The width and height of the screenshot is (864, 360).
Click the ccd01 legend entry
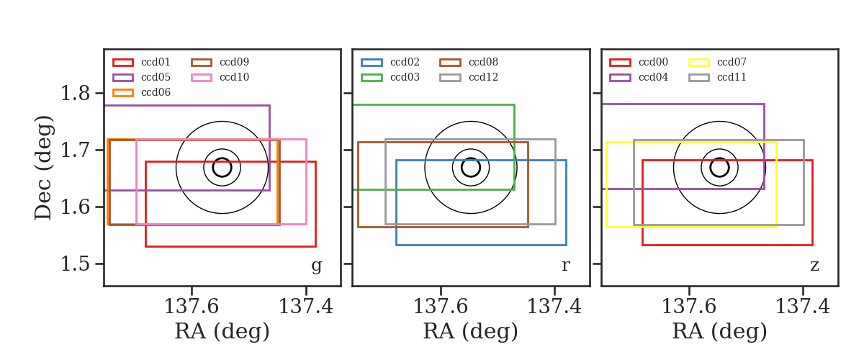click(142, 62)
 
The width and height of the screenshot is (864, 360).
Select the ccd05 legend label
click(156, 77)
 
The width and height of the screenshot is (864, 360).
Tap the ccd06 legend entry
click(142, 93)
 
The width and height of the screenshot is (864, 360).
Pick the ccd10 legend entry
click(220, 77)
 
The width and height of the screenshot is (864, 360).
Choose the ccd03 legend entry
click(390, 77)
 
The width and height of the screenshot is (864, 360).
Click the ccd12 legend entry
click(469, 77)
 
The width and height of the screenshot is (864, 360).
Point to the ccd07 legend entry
click(717, 62)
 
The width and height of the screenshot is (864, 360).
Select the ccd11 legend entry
click(717, 77)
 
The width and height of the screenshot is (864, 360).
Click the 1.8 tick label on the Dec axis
click(75, 94)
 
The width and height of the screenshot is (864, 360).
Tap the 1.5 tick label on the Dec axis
click(75, 264)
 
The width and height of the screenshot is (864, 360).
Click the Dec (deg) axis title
click(42, 168)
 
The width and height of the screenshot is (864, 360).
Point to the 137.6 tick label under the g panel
click(192, 307)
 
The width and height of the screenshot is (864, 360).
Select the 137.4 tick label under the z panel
click(803, 307)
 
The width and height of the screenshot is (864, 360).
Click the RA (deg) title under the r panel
click(471, 331)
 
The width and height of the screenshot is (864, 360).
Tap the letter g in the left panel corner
click(316, 266)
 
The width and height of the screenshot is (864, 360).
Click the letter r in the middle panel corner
click(565, 266)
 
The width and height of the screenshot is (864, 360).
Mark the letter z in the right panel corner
click(814, 266)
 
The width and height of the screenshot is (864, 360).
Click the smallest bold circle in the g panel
click(222, 158)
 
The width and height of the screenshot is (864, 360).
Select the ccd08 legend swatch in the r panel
click(450, 63)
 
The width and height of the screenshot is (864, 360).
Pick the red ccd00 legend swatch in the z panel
click(620, 63)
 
